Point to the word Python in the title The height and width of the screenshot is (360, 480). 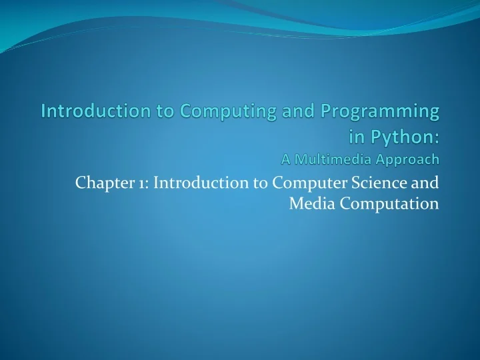pyautogui.click(x=404, y=137)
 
